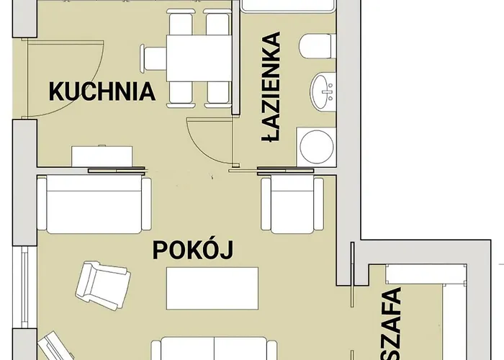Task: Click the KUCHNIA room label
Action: click(x=102, y=91)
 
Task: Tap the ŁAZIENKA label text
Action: click(x=271, y=87)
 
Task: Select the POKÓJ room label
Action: click(x=193, y=250)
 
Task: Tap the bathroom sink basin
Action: click(x=323, y=91)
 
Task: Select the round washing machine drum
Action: click(x=316, y=146)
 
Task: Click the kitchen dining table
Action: click(x=199, y=58)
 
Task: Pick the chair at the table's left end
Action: click(x=153, y=58)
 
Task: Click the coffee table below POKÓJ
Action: click(x=212, y=288)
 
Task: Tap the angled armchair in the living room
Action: click(x=103, y=285)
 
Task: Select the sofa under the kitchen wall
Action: click(x=94, y=204)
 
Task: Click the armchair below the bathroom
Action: click(x=292, y=204)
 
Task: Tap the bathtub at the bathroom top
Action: click(x=288, y=6)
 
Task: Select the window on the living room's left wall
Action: click(x=24, y=287)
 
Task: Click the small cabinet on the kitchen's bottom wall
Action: click(x=102, y=156)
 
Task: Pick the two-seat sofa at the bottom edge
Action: click(x=214, y=348)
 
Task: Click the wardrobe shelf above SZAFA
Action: click(x=426, y=274)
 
